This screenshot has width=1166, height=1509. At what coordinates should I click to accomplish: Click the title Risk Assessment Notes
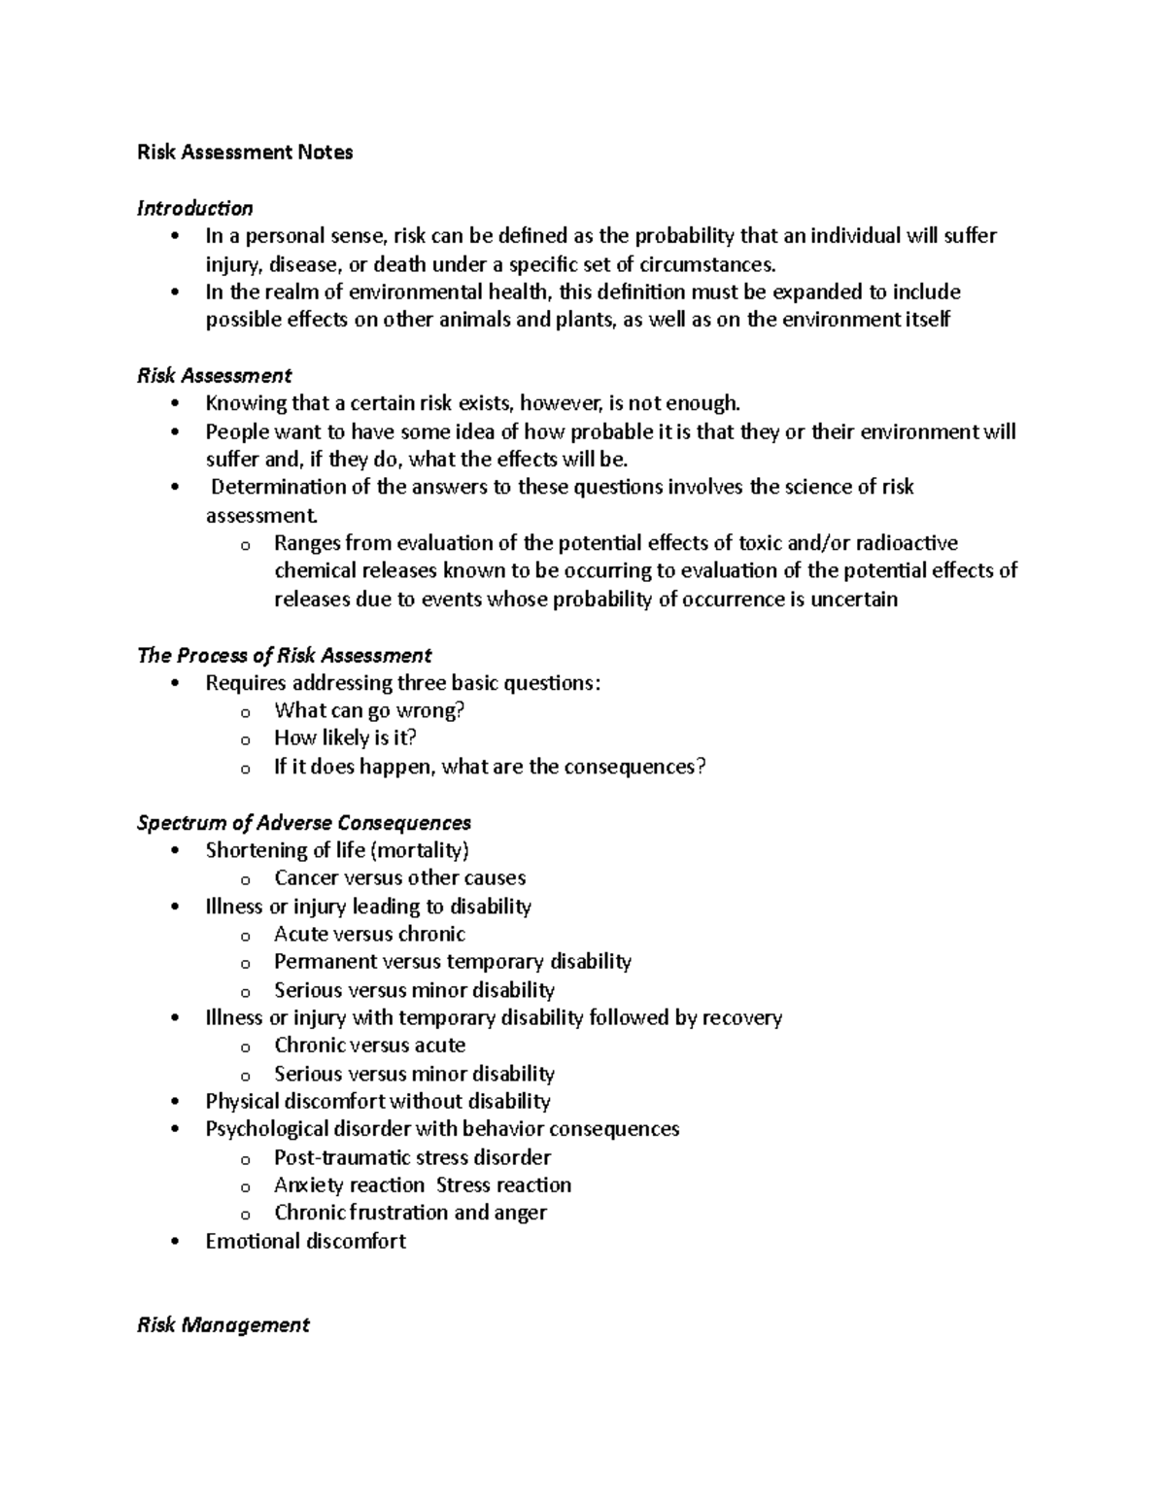[245, 153]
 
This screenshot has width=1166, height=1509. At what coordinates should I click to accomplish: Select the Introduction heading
[194, 209]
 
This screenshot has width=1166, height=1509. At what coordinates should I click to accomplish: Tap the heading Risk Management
[223, 1325]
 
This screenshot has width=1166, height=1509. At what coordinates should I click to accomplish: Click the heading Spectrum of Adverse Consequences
[303, 823]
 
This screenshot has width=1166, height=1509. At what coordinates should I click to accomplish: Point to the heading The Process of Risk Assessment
[284, 656]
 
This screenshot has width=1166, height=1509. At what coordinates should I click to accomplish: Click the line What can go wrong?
[369, 711]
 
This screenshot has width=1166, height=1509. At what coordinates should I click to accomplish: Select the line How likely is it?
[345, 738]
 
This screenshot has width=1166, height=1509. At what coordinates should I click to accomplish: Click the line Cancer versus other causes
[399, 878]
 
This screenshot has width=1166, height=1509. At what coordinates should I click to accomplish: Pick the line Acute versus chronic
[369, 935]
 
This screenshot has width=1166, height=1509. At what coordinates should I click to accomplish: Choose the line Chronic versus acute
[369, 1046]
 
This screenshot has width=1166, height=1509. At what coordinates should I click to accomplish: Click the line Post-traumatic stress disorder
[412, 1158]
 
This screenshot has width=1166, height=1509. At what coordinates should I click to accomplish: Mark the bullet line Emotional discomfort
[305, 1242]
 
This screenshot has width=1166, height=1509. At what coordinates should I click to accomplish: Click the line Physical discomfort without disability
[377, 1102]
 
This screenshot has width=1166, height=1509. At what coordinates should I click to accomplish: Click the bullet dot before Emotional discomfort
[174, 1242]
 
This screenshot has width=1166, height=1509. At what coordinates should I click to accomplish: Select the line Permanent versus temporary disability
[452, 962]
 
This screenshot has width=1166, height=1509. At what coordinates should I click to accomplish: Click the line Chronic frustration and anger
[410, 1214]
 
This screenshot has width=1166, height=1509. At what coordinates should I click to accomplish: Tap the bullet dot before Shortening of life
[174, 851]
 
